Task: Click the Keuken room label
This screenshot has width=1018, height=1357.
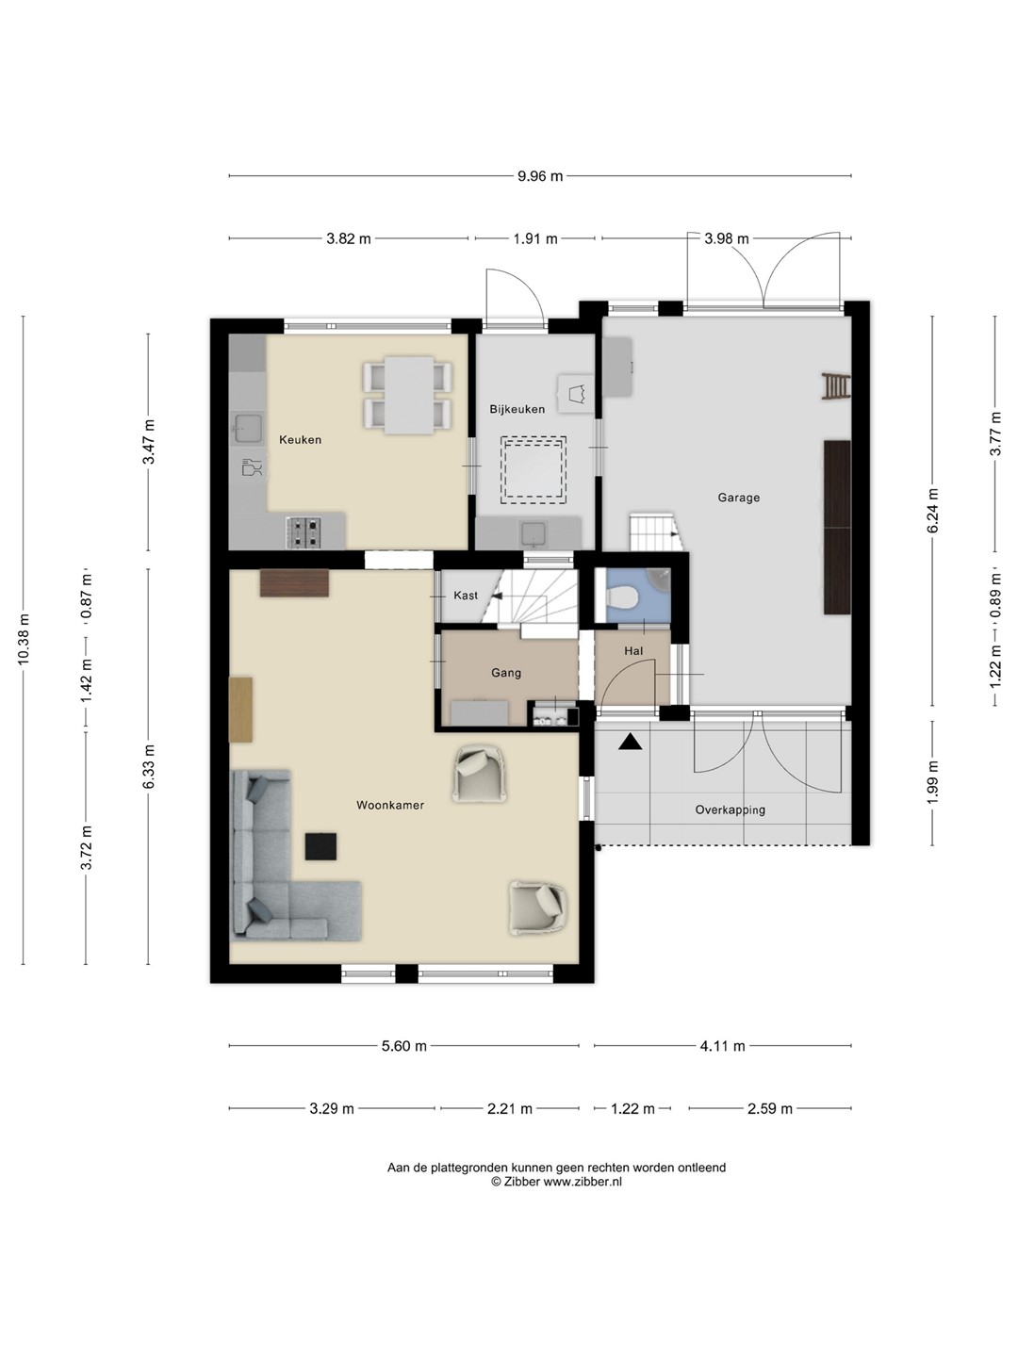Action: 300,439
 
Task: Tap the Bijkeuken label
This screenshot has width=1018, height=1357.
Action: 517,409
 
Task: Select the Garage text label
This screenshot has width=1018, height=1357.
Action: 739,498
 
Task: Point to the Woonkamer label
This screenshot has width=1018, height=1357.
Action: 390,805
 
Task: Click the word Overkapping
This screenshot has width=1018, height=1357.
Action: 730,809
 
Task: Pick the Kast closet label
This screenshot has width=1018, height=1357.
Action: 466,596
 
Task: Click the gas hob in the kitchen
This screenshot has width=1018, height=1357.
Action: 304,532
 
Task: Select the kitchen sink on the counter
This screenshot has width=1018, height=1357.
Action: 248,429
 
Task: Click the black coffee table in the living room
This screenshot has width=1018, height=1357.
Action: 320,846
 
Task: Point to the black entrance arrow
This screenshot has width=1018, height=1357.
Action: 630,742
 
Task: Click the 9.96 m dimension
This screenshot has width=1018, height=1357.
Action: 540,176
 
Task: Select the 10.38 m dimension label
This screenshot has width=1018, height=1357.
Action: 24,640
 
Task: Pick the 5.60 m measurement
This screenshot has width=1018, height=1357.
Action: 404,1046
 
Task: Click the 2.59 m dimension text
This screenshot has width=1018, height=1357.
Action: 769,1108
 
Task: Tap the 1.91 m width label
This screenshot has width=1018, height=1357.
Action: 535,238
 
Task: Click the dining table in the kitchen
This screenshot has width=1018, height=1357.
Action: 408,395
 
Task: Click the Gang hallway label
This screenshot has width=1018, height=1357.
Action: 506,673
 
